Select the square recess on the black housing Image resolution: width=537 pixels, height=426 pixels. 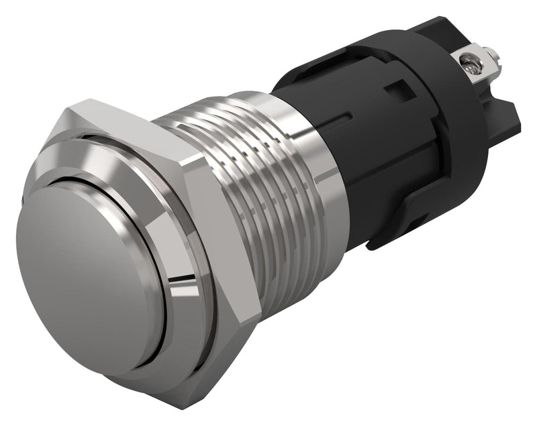(x=399, y=89)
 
